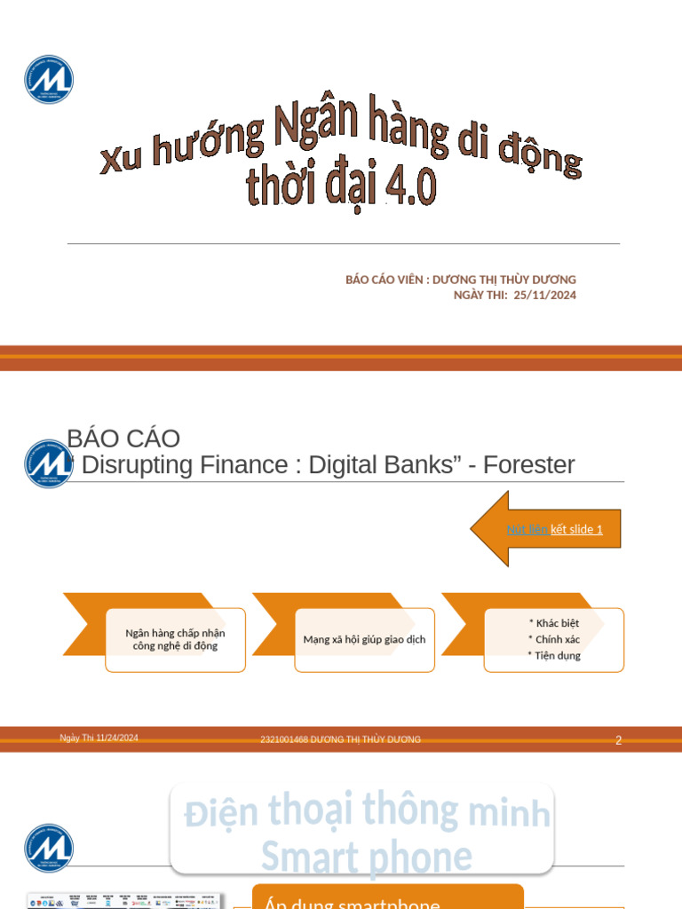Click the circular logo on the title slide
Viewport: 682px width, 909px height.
(x=49, y=79)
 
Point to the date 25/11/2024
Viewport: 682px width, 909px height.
(x=544, y=295)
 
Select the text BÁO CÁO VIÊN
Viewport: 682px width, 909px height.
(x=384, y=280)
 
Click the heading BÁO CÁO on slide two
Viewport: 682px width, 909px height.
(x=123, y=439)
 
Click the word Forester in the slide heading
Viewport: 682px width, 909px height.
(x=528, y=464)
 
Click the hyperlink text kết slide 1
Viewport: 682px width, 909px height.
(x=576, y=529)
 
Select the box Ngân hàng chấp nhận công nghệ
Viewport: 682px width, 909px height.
(x=175, y=639)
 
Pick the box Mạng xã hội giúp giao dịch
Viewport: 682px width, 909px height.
(x=364, y=639)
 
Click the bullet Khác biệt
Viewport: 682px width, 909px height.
(x=555, y=623)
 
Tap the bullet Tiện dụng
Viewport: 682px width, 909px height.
(x=555, y=655)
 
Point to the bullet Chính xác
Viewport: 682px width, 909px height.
(x=555, y=639)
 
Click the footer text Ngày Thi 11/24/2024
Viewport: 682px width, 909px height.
(x=99, y=738)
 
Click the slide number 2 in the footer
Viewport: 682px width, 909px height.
(x=618, y=740)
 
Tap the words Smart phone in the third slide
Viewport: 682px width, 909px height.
(x=366, y=857)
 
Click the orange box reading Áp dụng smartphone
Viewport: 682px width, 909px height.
(x=387, y=899)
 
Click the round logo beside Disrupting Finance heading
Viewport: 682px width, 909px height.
(x=49, y=463)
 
